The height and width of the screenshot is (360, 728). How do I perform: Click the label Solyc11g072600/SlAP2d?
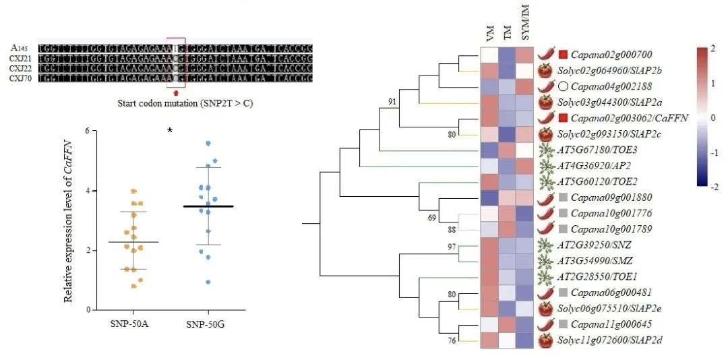[613, 340]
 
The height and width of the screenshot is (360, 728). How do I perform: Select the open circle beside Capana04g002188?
[562, 86]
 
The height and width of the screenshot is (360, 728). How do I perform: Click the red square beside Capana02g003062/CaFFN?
[562, 118]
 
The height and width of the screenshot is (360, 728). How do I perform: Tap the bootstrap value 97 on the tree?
[450, 246]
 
